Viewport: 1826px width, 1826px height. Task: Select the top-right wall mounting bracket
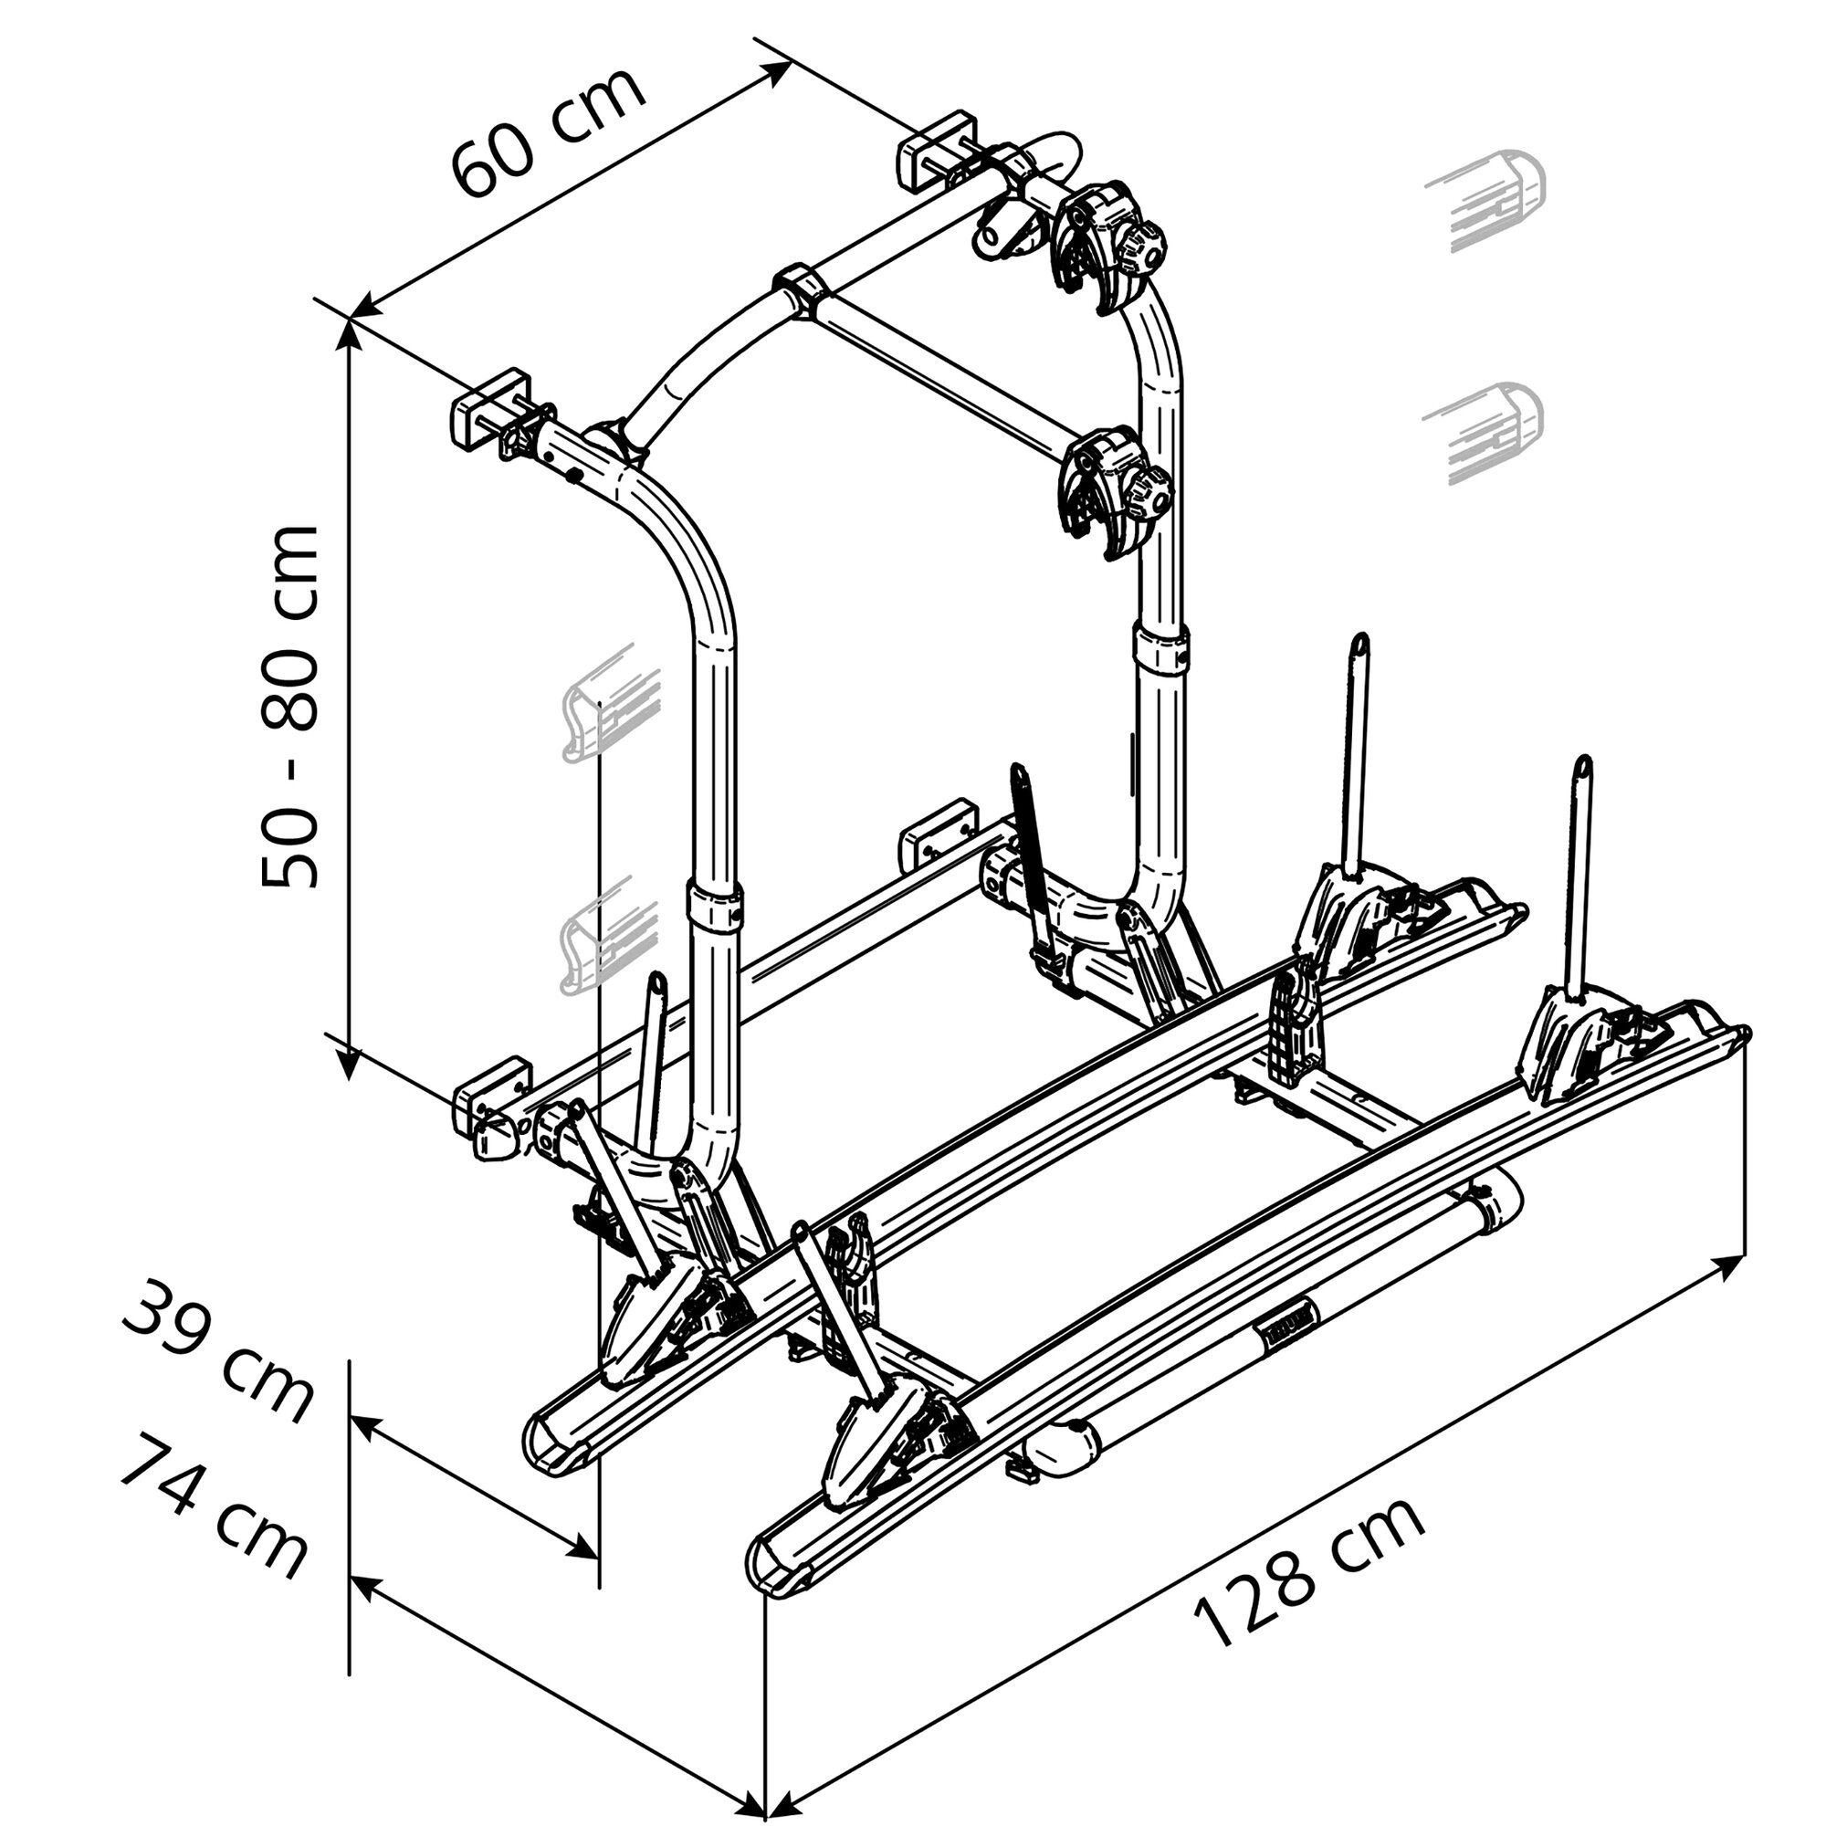click(936, 152)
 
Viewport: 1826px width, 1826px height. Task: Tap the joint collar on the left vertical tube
click(715, 907)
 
